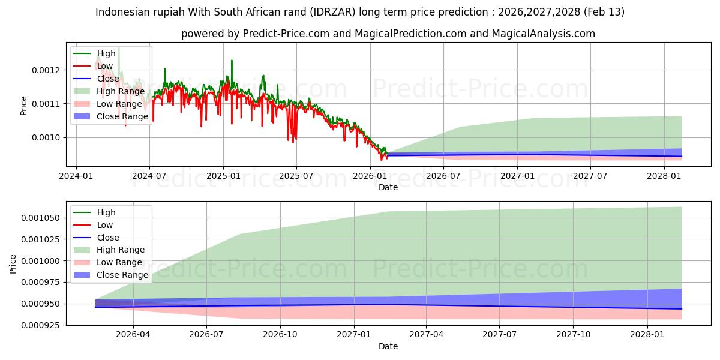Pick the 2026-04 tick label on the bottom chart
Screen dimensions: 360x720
click(133, 334)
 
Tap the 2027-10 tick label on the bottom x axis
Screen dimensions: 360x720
click(574, 334)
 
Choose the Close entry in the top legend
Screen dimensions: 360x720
click(108, 79)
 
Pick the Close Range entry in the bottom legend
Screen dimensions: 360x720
click(122, 275)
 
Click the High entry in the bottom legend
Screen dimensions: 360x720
click(106, 212)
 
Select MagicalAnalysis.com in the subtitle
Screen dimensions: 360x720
click(543, 34)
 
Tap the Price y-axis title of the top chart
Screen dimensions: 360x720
click(24, 105)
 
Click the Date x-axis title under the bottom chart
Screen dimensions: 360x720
click(388, 346)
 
